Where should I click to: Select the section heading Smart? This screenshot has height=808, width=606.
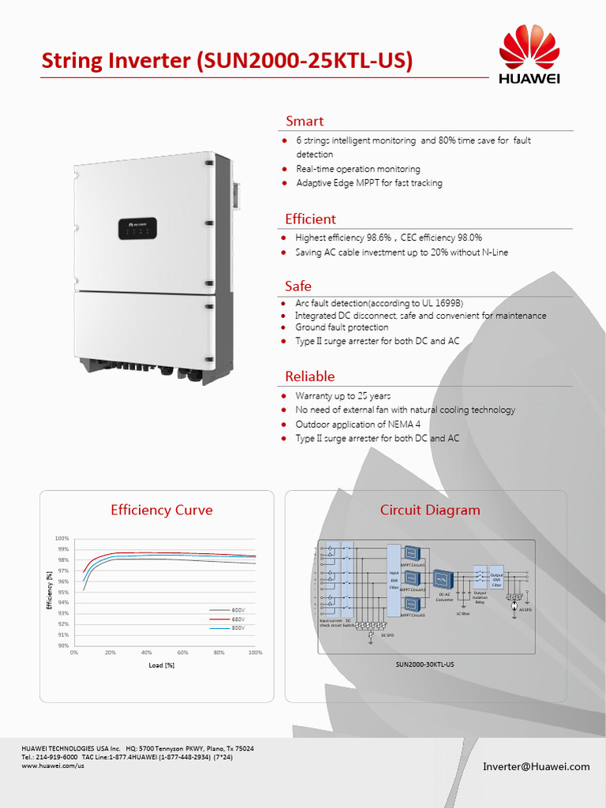pos(305,121)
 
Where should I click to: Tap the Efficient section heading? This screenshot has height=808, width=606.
pos(310,219)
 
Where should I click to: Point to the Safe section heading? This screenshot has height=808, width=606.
pos(298,286)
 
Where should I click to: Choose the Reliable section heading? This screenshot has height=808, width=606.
pos(309,376)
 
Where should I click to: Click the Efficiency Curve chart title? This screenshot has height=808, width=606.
pos(162,510)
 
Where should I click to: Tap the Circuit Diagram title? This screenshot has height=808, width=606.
pos(430,510)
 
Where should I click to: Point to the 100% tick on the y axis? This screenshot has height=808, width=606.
pos(62,538)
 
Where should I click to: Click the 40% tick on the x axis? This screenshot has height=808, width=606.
pos(146,653)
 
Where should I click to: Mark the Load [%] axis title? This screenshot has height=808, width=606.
pos(161,665)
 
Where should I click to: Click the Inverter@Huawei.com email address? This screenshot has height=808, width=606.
pos(537,766)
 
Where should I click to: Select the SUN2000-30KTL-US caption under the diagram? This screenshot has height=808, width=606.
pos(425,664)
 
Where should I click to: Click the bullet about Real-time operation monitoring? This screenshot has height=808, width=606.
pos(358,169)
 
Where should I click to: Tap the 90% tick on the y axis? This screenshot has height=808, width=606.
pos(62,645)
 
